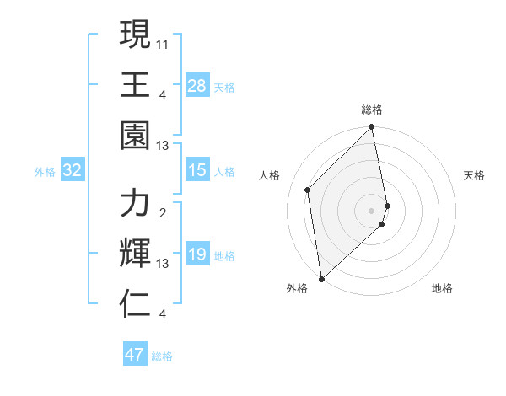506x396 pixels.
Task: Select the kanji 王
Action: pos(135,84)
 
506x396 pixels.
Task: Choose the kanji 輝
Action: pos(135,254)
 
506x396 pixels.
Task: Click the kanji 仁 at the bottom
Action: pos(135,304)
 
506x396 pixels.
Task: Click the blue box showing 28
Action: pos(197,86)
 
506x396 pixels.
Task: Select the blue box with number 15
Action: pos(197,171)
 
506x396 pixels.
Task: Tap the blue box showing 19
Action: pos(197,255)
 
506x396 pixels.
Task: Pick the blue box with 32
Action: pos(72,171)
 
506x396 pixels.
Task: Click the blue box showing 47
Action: pos(135,355)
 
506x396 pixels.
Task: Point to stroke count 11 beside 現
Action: pos(163,42)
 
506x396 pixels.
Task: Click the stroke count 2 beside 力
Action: pos(163,212)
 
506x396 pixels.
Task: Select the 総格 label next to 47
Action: pos(162,356)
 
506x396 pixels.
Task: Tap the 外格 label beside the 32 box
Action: pos(45,172)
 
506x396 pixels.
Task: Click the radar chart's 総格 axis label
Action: pos(372,110)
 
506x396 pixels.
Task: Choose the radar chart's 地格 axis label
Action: pos(442,288)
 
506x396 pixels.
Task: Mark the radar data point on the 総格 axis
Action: pos(372,128)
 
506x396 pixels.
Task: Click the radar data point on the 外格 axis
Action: pos(321,278)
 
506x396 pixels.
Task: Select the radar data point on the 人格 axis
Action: pos(308,190)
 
